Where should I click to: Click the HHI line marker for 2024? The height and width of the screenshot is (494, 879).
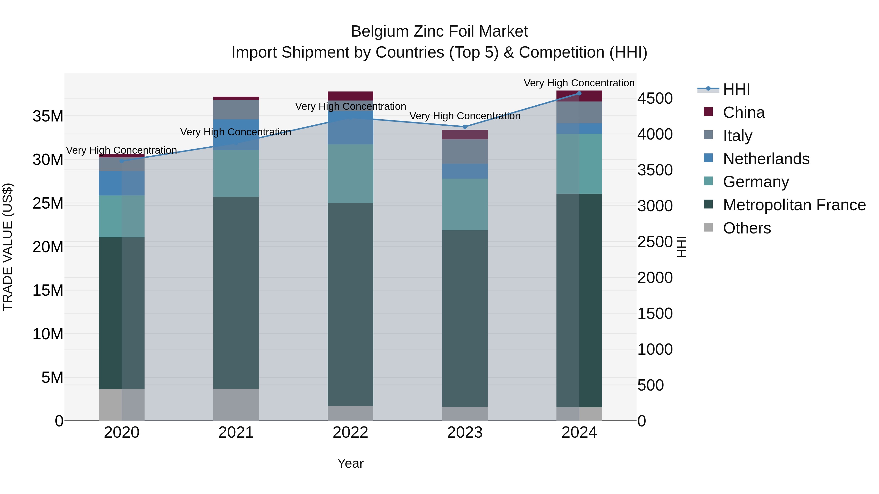tap(579, 93)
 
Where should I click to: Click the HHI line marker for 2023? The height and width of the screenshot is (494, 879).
tap(465, 127)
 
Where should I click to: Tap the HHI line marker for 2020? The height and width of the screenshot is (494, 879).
tap(122, 161)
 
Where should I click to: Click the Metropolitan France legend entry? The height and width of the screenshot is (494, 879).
tap(794, 205)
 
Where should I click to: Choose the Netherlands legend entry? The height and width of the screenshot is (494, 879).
tap(766, 159)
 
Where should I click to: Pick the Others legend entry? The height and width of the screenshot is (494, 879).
tap(747, 228)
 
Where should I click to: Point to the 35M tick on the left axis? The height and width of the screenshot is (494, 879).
tap(48, 116)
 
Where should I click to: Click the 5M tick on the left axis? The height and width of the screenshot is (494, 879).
tap(52, 377)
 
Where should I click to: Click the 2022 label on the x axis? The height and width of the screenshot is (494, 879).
tap(350, 433)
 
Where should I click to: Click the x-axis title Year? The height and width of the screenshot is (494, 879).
tap(350, 463)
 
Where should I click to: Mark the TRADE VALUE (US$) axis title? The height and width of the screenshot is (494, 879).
tap(8, 247)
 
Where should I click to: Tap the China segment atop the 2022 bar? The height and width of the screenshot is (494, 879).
tap(350, 96)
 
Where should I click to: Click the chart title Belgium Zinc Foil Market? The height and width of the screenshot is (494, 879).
tap(439, 31)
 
